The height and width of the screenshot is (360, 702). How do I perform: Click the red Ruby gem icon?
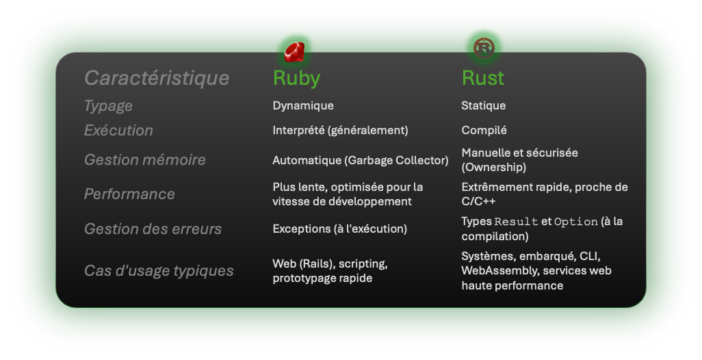point(294,51)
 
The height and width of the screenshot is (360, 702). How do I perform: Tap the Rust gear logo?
point(484,47)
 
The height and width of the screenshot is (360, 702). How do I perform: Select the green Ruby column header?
point(296,78)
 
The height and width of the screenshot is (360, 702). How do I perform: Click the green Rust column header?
point(483,78)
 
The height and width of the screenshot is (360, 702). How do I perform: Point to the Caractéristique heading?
point(157,78)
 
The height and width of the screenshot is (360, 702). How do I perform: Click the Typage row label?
point(108,106)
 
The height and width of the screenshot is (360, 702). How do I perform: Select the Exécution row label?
point(118,130)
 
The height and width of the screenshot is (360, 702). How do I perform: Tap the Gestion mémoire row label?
point(144,160)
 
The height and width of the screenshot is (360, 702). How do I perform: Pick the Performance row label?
point(129,194)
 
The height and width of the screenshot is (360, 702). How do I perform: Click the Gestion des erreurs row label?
point(153,229)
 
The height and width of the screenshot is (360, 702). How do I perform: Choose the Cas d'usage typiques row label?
point(159,271)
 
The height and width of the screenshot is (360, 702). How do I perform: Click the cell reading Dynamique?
point(303,106)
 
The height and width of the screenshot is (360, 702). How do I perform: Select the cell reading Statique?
point(484,106)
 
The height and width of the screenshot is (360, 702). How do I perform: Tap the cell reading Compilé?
point(484,130)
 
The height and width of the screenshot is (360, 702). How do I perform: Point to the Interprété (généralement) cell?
point(340,130)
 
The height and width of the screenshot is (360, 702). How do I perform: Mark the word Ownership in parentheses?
point(493,167)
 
